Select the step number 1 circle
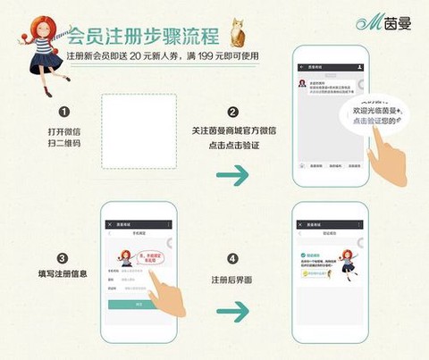click(x=64, y=113)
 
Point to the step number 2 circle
click(x=232, y=113)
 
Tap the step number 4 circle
click(x=232, y=259)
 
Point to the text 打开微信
click(x=64, y=132)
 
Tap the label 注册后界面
click(x=231, y=280)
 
